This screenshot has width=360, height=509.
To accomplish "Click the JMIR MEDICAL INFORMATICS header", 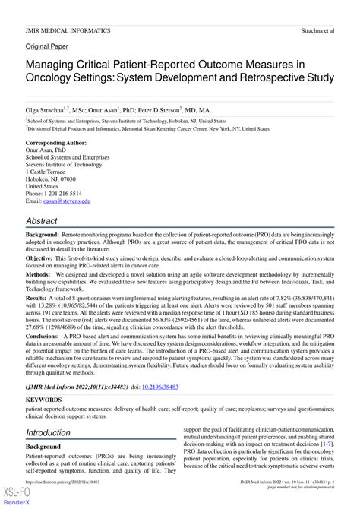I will (68, 30).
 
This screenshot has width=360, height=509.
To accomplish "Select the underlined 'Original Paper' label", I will (47, 46).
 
